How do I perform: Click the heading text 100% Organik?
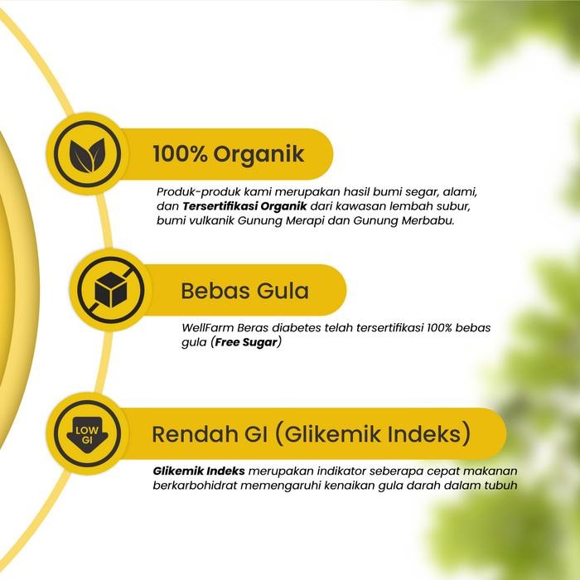pos(229,154)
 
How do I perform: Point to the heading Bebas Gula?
pos(244,292)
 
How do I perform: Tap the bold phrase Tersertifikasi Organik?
pos(245,205)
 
